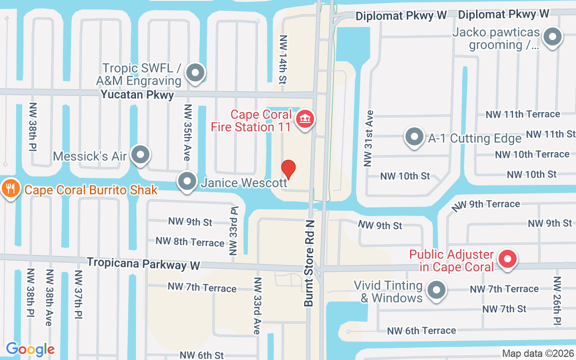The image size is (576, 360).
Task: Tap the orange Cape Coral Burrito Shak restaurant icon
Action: (9, 188)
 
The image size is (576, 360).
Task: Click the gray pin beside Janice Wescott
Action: (187, 181)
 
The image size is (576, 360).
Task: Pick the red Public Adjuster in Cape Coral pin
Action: (508, 259)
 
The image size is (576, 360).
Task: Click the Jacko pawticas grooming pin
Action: (553, 37)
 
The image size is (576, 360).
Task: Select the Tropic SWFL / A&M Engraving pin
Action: (195, 72)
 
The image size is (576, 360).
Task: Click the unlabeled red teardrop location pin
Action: (288, 169)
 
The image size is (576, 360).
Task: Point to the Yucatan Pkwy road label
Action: (137, 94)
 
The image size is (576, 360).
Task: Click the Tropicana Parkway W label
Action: (144, 264)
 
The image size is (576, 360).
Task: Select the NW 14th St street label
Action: (283, 60)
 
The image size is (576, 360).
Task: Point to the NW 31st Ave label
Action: (369, 138)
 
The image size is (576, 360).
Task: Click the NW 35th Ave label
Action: (188, 132)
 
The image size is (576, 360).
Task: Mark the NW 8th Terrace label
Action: (190, 242)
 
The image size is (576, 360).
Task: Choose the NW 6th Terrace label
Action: (422, 331)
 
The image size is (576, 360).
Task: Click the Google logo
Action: (30, 349)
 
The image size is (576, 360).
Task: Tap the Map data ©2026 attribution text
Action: (537, 353)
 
